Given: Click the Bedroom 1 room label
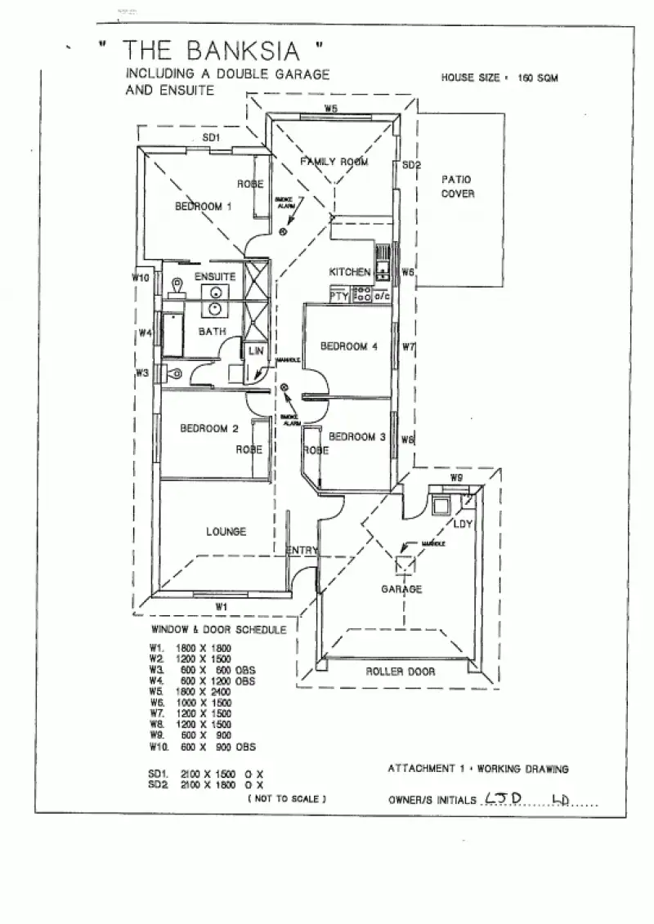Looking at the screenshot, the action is click(x=204, y=207).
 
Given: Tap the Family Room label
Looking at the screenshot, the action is click(x=334, y=162).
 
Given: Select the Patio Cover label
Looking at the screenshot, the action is click(x=457, y=186).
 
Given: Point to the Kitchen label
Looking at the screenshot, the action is click(x=350, y=271).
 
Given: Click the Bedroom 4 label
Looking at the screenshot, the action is click(x=348, y=346).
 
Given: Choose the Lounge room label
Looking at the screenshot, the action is click(x=226, y=532).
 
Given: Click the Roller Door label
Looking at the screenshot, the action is click(x=401, y=672).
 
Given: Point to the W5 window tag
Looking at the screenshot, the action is click(x=331, y=109).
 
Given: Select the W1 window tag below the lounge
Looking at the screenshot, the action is click(x=220, y=605).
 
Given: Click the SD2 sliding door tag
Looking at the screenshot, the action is click(x=411, y=165).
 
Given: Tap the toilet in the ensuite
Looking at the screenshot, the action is click(x=177, y=287).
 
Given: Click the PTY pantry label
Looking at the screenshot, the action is click(x=339, y=297).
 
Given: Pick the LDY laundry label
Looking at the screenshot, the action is click(x=464, y=523).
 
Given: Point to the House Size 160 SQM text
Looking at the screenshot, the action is click(x=499, y=78).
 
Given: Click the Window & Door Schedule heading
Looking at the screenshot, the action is click(x=218, y=630).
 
